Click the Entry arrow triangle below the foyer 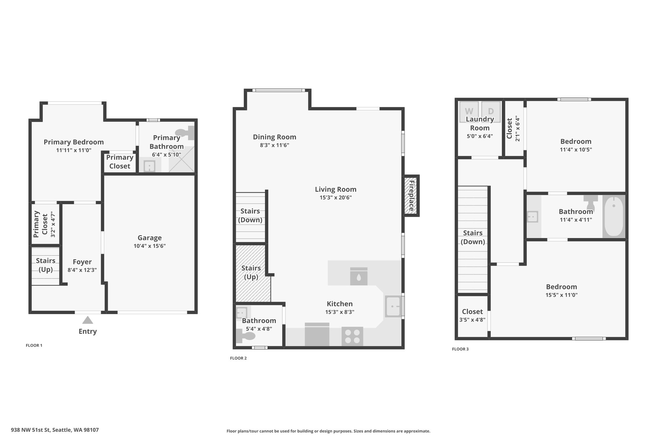tap(88, 320)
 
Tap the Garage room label tap(149, 238)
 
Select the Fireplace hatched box tap(411, 195)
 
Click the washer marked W tap(469, 111)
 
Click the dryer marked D tap(491, 111)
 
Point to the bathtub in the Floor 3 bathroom tap(614, 216)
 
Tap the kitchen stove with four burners tap(352, 336)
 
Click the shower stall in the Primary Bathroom tap(181, 159)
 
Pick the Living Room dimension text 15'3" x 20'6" tap(336, 198)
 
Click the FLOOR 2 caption tap(238, 358)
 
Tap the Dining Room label tap(275, 137)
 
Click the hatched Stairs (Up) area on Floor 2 tap(253, 273)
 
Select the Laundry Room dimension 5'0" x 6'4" tap(480, 136)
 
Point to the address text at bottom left tap(55, 430)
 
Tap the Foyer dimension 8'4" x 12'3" tap(82, 270)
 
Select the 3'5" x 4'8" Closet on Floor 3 tap(473, 315)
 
